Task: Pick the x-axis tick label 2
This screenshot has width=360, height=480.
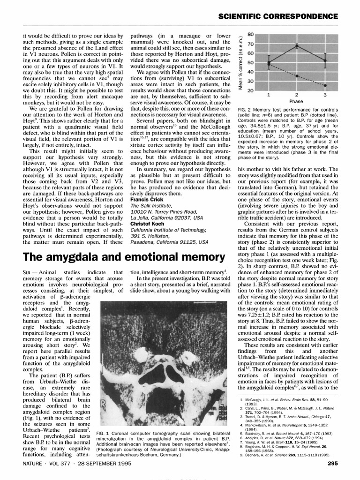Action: (297, 95)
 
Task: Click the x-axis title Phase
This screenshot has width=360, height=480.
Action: (296, 101)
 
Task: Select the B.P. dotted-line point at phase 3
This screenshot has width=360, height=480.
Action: (325, 85)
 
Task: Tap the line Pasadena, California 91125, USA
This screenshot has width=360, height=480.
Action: (169, 242)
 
